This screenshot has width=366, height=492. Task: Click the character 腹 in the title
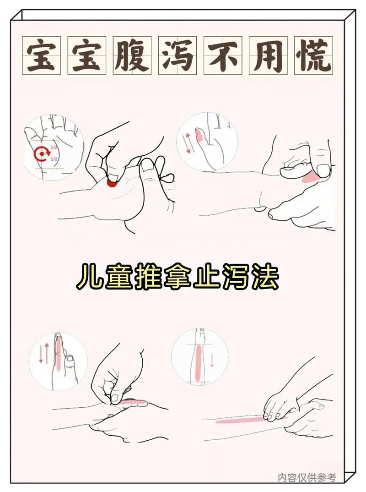tap(132, 55)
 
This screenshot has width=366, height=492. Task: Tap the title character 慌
tap(313, 55)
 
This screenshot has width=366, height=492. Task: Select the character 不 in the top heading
tap(223, 55)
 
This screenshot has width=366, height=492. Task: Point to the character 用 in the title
tap(268, 55)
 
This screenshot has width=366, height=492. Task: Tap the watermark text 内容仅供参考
tap(307, 477)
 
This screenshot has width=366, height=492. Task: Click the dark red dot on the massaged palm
tap(112, 183)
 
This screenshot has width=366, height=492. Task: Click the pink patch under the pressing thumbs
tap(310, 177)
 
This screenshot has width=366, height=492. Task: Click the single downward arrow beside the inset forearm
tap(212, 361)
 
